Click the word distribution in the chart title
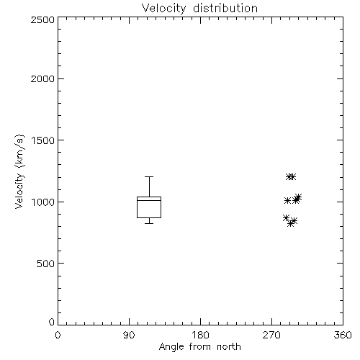point(225,8)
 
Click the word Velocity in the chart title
point(163,9)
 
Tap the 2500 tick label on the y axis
point(42,19)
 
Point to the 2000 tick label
point(42,78)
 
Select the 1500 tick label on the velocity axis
point(43,140)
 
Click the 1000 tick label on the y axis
point(43,202)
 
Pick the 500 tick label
point(46,264)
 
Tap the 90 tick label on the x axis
point(129,335)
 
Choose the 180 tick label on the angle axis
point(200,335)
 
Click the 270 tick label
point(271,335)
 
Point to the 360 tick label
point(343,335)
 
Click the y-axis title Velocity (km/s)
point(19,171)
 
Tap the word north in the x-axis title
point(229,347)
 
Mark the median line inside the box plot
point(149,200)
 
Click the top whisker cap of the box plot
point(149,176)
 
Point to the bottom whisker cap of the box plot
point(149,223)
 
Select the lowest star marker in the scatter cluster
point(291,224)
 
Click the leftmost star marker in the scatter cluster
point(286,218)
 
